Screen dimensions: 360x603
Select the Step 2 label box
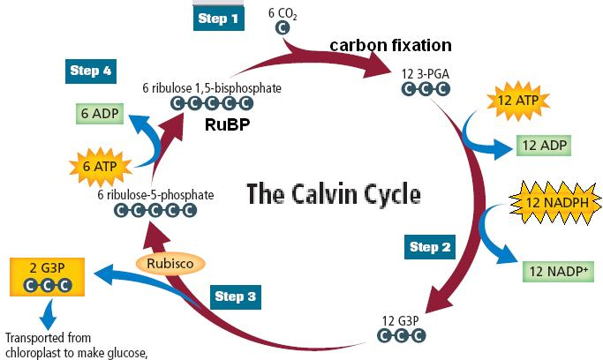[431, 247]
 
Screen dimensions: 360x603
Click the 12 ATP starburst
[516, 99]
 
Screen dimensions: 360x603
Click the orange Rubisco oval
[170, 263]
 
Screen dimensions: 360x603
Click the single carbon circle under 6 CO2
[283, 28]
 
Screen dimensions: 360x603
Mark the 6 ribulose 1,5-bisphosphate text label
[204, 88]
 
